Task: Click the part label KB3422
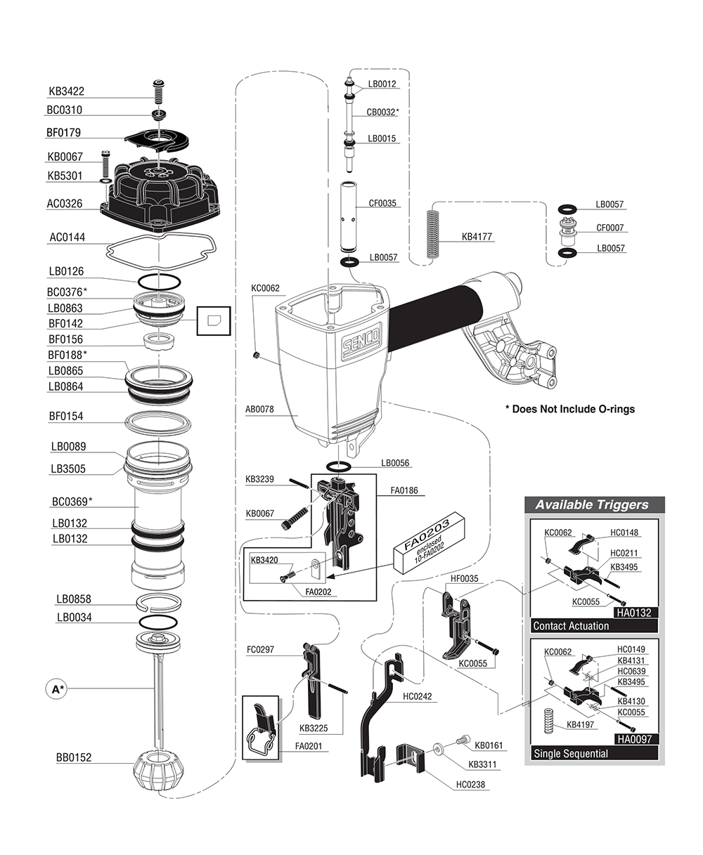pyautogui.click(x=66, y=91)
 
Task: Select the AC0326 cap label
pyautogui.click(x=65, y=204)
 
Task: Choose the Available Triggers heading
pyautogui.click(x=592, y=504)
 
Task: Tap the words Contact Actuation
pyautogui.click(x=571, y=626)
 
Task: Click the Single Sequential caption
pyautogui.click(x=571, y=754)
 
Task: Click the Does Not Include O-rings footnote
pyautogui.click(x=570, y=409)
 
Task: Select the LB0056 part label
pyautogui.click(x=395, y=464)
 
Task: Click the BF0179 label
pyautogui.click(x=65, y=133)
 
